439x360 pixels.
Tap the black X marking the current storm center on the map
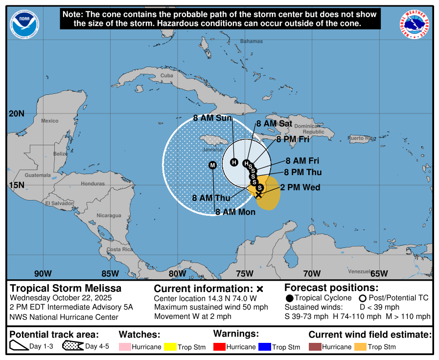coord(258,195)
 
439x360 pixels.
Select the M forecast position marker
coord(212,165)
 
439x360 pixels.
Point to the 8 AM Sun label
coord(212,118)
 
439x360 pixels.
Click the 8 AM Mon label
coord(236,212)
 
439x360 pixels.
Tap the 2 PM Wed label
coord(300,188)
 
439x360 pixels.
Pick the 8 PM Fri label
coord(293,139)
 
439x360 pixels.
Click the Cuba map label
coord(167,76)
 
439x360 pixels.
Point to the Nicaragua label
coord(109,215)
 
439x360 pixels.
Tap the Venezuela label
coord(360,271)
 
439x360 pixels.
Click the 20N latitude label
coord(16,114)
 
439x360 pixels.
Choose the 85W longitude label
coord(110,273)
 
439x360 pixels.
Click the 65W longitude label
coord(379,273)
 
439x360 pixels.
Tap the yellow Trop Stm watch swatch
coord(172,347)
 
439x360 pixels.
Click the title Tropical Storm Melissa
coord(66,288)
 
